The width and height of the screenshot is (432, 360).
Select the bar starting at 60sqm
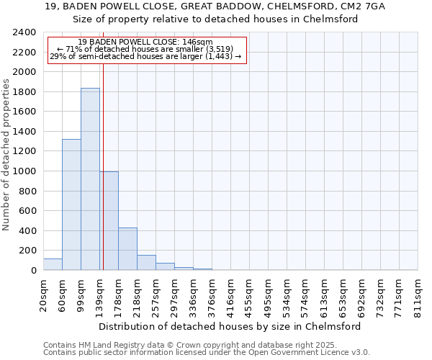(x=71, y=204)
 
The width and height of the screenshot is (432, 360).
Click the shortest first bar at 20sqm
(x=53, y=264)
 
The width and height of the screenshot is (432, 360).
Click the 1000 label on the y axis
(x=26, y=171)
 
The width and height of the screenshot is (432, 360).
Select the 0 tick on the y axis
(x=33, y=271)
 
